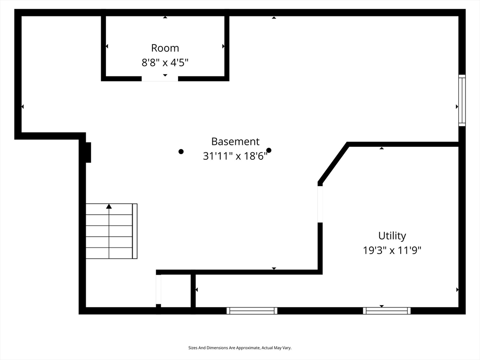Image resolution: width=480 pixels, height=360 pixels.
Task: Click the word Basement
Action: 235,142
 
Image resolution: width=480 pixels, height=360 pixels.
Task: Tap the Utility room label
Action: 392,236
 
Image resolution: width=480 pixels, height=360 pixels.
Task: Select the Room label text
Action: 165,48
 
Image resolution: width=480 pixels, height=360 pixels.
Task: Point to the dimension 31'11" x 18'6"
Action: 235,156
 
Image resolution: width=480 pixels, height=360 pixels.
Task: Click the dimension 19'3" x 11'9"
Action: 392,250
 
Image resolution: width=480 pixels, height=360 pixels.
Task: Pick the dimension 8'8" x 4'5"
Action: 165,63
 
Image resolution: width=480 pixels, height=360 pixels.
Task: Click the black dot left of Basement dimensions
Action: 181,151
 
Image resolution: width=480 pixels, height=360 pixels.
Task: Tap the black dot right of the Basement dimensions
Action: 269,150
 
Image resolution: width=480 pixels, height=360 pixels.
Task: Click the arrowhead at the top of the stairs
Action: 109,206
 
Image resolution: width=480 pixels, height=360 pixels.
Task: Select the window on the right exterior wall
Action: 462,100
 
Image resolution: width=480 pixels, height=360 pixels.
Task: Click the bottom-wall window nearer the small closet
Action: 252,311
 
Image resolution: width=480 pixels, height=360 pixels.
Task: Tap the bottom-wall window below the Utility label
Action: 387,311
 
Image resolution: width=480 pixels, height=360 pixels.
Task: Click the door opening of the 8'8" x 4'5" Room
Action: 160,79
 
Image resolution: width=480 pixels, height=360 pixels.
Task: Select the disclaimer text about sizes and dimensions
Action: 240,348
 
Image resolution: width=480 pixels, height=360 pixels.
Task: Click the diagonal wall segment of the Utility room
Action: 333,163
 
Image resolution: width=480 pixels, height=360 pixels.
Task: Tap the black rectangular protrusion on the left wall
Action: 88,152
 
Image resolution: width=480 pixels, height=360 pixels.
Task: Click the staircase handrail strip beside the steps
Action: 135,231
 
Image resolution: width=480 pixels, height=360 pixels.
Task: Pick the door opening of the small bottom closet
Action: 158,290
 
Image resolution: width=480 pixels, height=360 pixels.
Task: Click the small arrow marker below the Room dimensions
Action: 165,75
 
